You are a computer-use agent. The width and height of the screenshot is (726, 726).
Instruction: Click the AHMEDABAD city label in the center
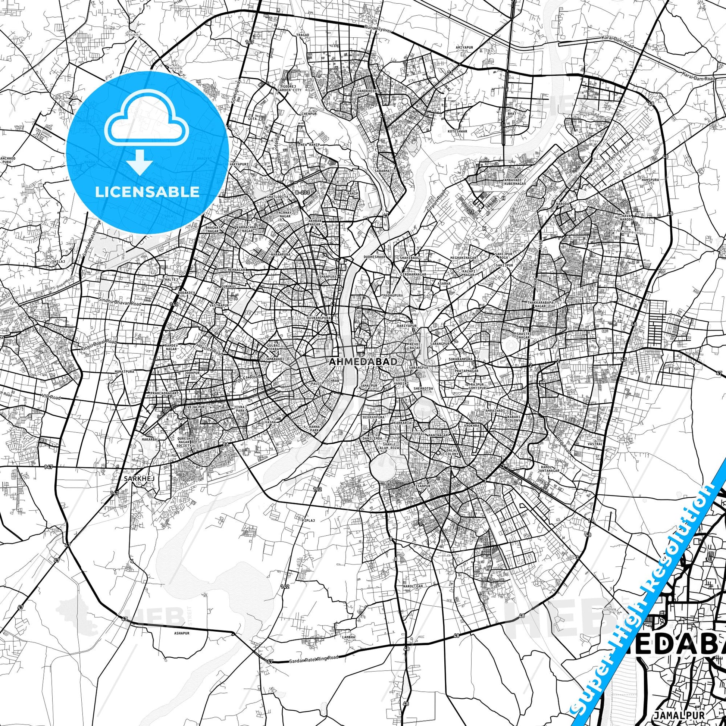coord(363,362)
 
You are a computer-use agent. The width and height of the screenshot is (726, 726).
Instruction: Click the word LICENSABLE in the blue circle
coord(147,192)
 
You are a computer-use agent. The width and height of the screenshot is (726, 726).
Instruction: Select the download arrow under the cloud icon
coord(140,162)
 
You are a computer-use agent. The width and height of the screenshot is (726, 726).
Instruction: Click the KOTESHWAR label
coord(457,131)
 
